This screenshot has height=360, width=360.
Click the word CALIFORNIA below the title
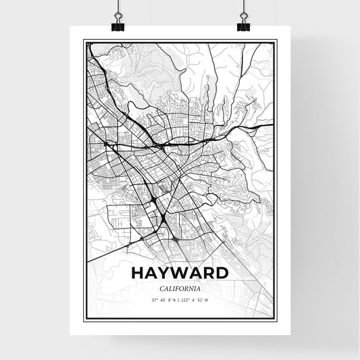(x=180, y=288)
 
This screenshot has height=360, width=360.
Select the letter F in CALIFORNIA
(x=176, y=288)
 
